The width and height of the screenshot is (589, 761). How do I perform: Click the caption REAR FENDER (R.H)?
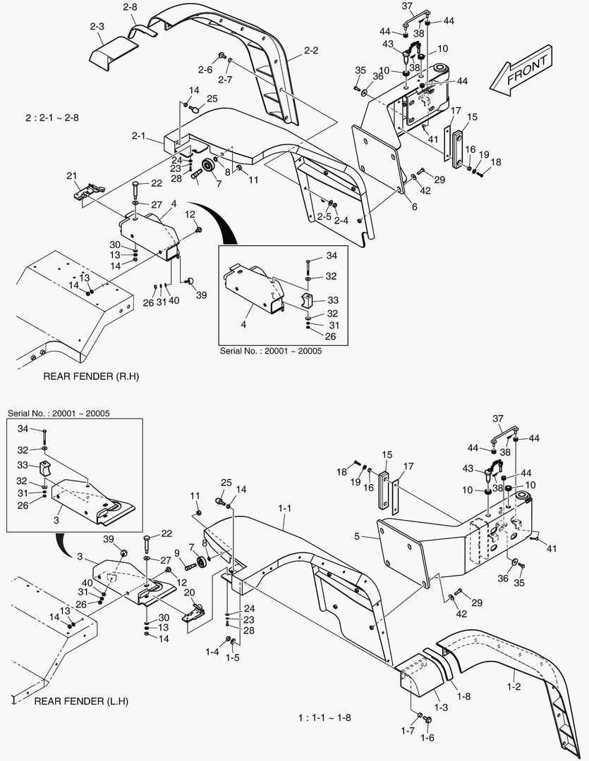[x=91, y=376]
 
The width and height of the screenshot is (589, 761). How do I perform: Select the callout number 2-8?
[x=130, y=7]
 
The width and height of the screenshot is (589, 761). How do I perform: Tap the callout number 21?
[x=71, y=175]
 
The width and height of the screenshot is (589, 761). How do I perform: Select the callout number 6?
[x=414, y=207]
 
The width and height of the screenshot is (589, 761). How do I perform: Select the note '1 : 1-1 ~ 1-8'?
[x=324, y=718]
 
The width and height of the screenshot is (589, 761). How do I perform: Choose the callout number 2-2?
[x=311, y=50]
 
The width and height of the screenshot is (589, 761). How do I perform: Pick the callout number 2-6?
[x=205, y=70]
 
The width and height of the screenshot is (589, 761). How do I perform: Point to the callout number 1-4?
[x=212, y=652]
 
